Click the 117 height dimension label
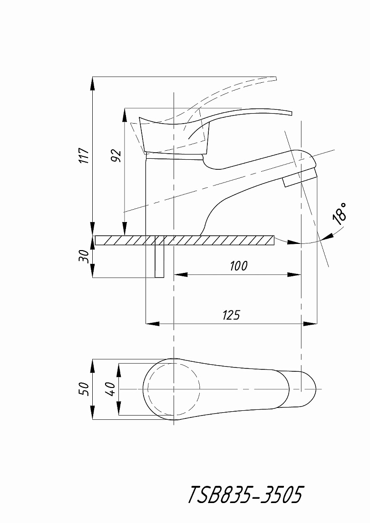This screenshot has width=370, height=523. (84, 155)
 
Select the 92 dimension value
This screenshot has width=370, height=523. (116, 155)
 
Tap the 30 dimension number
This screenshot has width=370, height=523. (84, 256)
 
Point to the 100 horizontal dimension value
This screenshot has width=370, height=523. (239, 266)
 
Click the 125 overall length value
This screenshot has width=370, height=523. (231, 315)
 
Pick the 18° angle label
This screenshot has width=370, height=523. (340, 213)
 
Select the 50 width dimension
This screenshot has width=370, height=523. (84, 389)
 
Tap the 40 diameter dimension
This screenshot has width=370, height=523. (111, 389)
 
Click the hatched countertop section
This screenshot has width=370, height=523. (185, 240)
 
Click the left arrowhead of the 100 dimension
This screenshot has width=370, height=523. (181, 274)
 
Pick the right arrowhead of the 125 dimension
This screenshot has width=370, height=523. (310, 323)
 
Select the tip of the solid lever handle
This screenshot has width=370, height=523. (292, 113)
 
